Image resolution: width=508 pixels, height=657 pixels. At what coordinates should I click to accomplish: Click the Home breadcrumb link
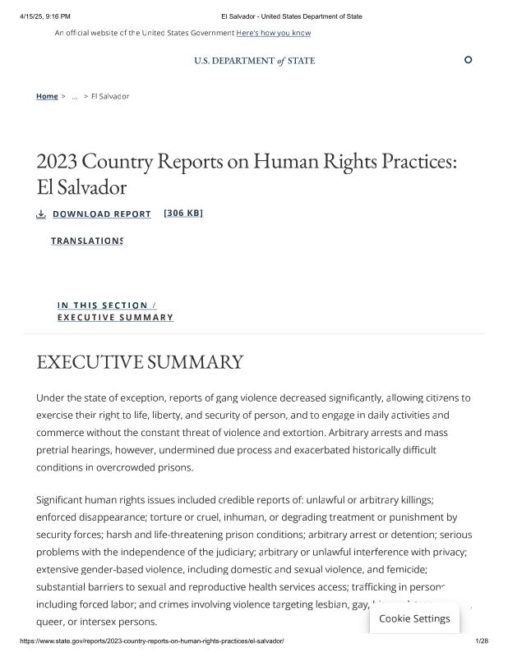47,96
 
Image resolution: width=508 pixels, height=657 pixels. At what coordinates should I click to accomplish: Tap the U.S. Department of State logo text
254,60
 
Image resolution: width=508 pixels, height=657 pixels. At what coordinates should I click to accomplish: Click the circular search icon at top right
469,60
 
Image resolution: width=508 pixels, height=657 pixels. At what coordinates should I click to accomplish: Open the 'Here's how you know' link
274,33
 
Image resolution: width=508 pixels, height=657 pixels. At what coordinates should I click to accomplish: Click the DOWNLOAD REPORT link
101,214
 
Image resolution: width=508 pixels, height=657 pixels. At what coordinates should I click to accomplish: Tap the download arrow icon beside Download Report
41,214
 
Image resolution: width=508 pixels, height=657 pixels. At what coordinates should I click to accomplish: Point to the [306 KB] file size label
183,214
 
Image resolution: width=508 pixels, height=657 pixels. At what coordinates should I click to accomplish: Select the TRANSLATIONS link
86,241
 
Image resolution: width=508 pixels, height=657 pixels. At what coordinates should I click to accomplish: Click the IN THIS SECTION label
103,306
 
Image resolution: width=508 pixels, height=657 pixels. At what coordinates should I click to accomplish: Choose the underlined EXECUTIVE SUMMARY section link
115,318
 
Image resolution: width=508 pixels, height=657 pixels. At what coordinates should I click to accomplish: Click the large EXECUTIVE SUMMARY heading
140,362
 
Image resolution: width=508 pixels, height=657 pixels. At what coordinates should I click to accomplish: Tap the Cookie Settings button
414,618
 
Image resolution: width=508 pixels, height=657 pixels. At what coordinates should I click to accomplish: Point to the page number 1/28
482,641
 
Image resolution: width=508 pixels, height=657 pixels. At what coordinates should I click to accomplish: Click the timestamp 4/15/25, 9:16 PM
45,16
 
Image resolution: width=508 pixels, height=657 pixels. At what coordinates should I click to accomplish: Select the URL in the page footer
151,641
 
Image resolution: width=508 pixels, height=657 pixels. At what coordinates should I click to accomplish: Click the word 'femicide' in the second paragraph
407,569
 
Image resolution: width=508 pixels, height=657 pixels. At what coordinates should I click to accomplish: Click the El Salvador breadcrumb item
110,96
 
